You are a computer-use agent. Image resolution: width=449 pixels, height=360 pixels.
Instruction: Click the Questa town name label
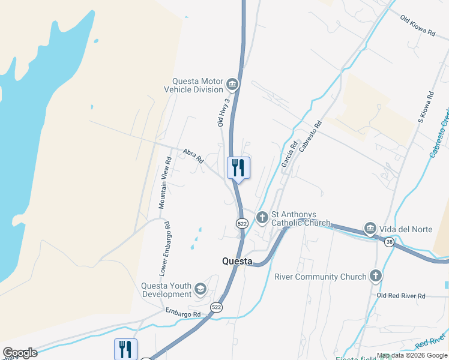tap(237, 261)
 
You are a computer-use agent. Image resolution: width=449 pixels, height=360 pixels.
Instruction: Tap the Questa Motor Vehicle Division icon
tap(232, 85)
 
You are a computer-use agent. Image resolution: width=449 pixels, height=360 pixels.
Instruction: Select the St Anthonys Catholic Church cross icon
tap(262, 217)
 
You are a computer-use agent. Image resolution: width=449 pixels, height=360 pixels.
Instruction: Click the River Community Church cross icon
tap(375, 276)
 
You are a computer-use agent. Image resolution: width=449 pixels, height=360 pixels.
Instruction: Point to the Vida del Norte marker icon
tap(370, 229)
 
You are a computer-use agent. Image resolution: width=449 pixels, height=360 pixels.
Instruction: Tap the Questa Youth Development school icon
tap(200, 290)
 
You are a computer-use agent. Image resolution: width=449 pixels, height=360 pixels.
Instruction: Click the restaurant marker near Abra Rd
tap(238, 167)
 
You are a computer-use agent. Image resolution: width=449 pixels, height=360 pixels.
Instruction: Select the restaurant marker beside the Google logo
tap(125, 349)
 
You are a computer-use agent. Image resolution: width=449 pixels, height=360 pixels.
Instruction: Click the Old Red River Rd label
tap(400, 296)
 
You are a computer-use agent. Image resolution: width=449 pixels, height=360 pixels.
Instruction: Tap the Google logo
tap(20, 353)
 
